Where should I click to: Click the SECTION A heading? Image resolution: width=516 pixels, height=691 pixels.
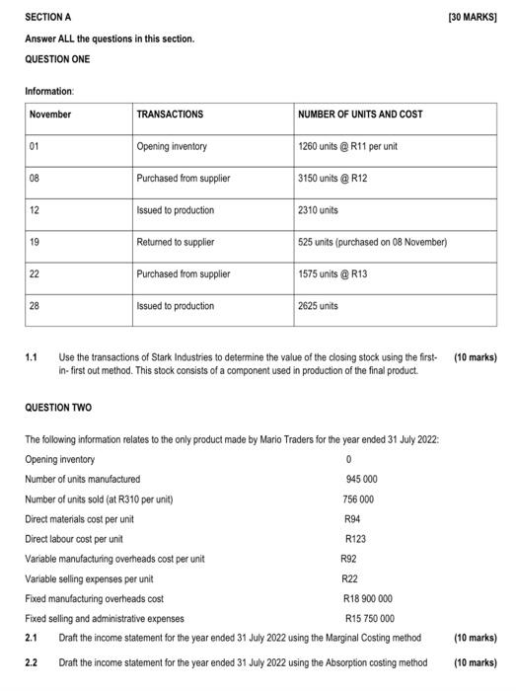coord(48,18)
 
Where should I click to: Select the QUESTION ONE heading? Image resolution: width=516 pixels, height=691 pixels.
coord(57,59)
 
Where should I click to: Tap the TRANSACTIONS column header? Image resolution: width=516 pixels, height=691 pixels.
coord(170,115)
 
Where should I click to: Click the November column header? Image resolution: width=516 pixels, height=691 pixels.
coord(50,115)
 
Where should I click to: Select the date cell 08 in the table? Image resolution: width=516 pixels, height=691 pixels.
coord(36,179)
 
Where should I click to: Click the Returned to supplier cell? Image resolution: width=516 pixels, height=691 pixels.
coord(177,242)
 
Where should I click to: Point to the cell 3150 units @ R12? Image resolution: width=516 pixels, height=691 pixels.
coord(332,179)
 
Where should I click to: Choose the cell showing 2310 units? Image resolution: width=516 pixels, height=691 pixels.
coord(318,210)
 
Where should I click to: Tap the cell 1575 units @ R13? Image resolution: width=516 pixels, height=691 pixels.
coord(332,274)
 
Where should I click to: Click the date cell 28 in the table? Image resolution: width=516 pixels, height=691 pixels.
coord(36,306)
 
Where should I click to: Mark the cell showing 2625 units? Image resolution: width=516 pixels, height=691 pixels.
coord(318,306)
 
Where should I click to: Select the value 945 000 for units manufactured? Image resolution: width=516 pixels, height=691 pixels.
coord(361,479)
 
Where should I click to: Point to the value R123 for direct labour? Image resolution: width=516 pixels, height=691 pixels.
coord(355,539)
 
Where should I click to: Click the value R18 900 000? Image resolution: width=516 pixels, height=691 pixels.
coord(367,598)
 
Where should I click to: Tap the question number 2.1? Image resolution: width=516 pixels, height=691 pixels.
coord(32,638)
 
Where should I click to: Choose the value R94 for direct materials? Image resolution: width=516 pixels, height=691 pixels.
coord(352,518)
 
